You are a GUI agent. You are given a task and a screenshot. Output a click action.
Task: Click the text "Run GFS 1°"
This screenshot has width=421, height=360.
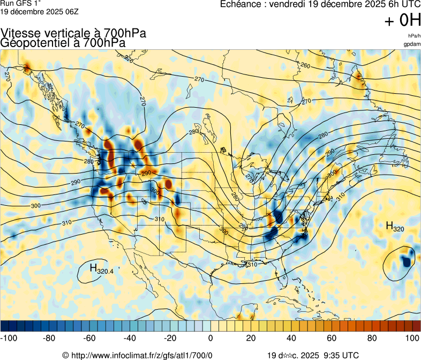pos(21,3)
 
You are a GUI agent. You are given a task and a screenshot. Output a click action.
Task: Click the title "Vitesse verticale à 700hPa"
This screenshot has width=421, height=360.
pos(73,33)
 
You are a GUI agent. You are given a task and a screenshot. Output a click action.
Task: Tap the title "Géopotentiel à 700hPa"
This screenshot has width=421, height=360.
pos(63,43)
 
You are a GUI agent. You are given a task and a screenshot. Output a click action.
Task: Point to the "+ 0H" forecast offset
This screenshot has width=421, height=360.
pos(402,21)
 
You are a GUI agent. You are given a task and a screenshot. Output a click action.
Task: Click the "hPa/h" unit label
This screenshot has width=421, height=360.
pos(414,36)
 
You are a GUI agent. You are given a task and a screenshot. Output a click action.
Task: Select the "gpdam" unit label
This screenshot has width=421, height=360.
pos(412,44)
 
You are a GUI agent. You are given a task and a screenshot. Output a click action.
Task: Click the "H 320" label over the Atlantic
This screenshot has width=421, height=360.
pos(395,227)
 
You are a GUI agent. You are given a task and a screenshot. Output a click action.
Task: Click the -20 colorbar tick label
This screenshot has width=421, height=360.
pos(170,338)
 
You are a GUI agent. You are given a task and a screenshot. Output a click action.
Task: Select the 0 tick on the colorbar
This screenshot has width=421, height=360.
pos(210,338)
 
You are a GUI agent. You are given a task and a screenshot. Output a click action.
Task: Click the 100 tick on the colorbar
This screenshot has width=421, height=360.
pos(412,338)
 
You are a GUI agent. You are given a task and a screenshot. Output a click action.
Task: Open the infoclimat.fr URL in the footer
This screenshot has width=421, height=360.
pos(141,355)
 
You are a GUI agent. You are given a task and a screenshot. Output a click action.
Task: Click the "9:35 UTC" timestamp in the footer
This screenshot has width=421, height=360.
pos(337,355)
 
